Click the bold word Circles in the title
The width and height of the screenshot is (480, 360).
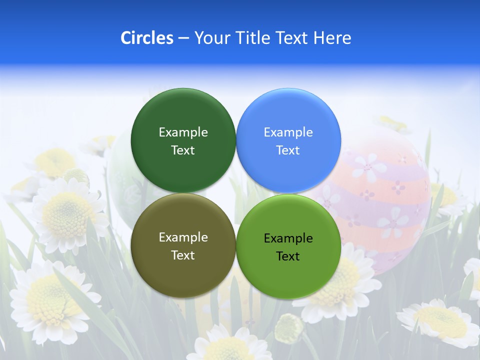click(x=147, y=37)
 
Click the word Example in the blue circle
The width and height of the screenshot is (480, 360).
click(x=288, y=132)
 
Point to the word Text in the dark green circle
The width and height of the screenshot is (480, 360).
click(x=183, y=150)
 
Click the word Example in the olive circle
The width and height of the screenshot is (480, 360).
click(x=183, y=237)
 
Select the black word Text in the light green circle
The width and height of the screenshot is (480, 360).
click(x=288, y=256)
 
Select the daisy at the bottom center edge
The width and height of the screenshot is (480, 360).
click(x=225, y=347)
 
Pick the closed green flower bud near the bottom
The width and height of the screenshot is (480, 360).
click(x=289, y=328)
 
